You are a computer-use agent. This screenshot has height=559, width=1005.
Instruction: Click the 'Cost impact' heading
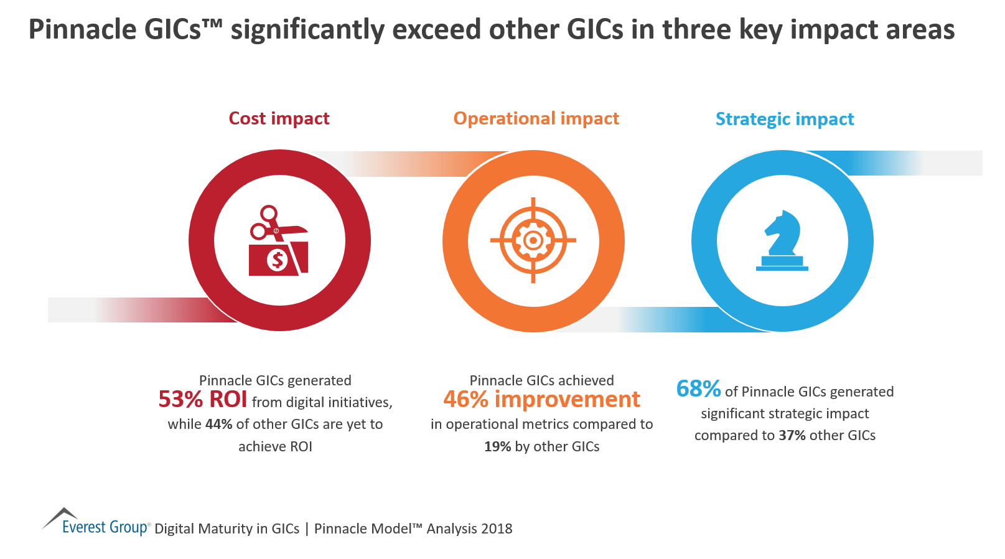pos(279,118)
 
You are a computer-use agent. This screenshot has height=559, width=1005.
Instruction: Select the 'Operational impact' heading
pos(536,118)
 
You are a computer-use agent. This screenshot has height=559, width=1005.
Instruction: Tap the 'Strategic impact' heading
pos(784,119)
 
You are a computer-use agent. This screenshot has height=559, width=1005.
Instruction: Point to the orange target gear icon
pos(533,240)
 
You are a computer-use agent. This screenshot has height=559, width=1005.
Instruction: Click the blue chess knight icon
pos(782,241)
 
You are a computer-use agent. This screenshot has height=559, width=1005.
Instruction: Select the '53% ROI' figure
pos(203,400)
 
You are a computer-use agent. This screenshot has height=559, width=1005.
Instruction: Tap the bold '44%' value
pos(219,425)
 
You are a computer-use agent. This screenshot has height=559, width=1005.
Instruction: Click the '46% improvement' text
pos(541,400)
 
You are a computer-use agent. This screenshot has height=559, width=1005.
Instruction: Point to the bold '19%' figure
pos(497,447)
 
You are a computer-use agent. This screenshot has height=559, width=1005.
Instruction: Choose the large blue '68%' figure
pos(698,389)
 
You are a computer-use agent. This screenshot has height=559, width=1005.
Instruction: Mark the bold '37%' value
pos(792,436)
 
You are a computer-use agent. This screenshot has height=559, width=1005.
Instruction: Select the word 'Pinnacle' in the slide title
pos(82,30)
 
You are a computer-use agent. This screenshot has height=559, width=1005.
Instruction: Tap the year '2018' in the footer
pos(496,529)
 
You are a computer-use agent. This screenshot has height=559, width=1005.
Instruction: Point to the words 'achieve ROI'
pos(275,447)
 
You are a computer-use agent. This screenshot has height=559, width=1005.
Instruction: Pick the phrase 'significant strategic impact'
pos(785,414)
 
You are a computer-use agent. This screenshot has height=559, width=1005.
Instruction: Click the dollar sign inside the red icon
pos(277,260)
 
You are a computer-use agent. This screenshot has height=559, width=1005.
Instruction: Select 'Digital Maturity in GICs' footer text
pos(227,529)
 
